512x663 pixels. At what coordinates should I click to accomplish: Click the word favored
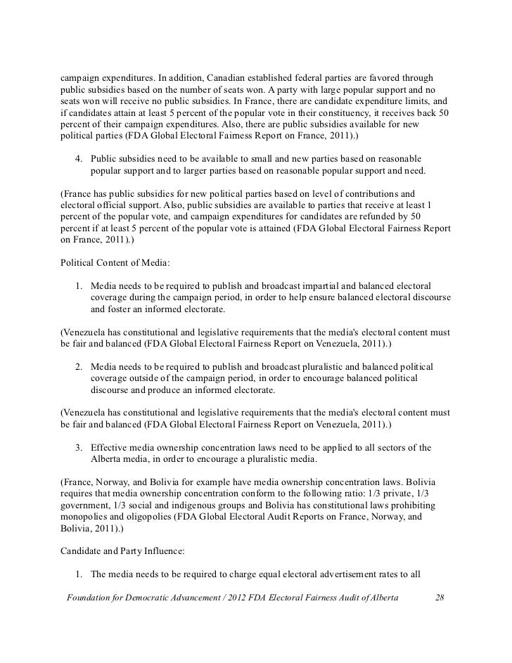389,76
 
